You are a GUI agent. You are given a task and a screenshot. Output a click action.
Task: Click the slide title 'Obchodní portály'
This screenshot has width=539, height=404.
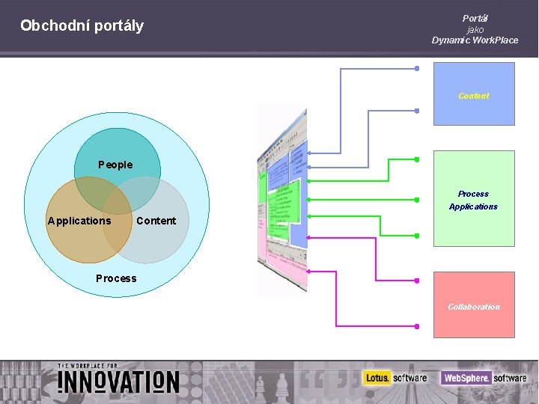(x=82, y=26)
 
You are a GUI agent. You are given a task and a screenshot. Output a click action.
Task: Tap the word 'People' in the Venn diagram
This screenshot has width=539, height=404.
(x=115, y=165)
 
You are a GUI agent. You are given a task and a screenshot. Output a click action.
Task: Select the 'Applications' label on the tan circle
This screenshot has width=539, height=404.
(x=79, y=221)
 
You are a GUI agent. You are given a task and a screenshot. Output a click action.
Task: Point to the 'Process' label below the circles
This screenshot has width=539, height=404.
(x=116, y=278)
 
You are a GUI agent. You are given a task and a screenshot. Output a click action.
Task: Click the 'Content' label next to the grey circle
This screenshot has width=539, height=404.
(x=156, y=221)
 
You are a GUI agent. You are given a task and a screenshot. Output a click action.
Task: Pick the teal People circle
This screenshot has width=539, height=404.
(x=118, y=150)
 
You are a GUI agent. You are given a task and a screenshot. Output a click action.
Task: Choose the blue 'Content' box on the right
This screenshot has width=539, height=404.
(x=474, y=94)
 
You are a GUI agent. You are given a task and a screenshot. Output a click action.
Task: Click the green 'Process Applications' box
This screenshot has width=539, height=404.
(x=474, y=199)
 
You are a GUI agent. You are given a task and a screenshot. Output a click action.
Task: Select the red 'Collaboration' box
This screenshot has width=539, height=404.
(x=474, y=304)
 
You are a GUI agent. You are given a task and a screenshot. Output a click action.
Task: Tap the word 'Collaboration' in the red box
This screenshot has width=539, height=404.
(x=474, y=307)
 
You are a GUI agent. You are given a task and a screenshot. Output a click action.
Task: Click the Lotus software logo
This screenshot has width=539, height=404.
(x=395, y=378)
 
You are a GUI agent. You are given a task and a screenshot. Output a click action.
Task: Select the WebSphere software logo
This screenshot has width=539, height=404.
(x=484, y=378)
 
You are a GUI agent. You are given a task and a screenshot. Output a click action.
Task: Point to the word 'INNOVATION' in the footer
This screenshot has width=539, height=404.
(x=118, y=382)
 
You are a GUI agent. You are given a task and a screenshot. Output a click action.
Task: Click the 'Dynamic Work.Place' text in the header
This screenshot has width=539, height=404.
(x=475, y=40)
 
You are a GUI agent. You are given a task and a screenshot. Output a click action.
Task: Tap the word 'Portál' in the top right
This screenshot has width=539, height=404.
(x=475, y=18)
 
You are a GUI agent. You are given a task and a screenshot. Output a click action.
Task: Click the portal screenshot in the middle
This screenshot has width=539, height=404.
(x=282, y=198)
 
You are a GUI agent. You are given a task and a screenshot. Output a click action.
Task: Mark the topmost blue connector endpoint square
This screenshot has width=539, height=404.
(x=417, y=68)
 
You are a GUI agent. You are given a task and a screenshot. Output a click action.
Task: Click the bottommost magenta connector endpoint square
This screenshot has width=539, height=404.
(x=417, y=326)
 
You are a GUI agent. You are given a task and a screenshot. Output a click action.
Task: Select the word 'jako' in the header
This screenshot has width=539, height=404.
(x=475, y=29)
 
